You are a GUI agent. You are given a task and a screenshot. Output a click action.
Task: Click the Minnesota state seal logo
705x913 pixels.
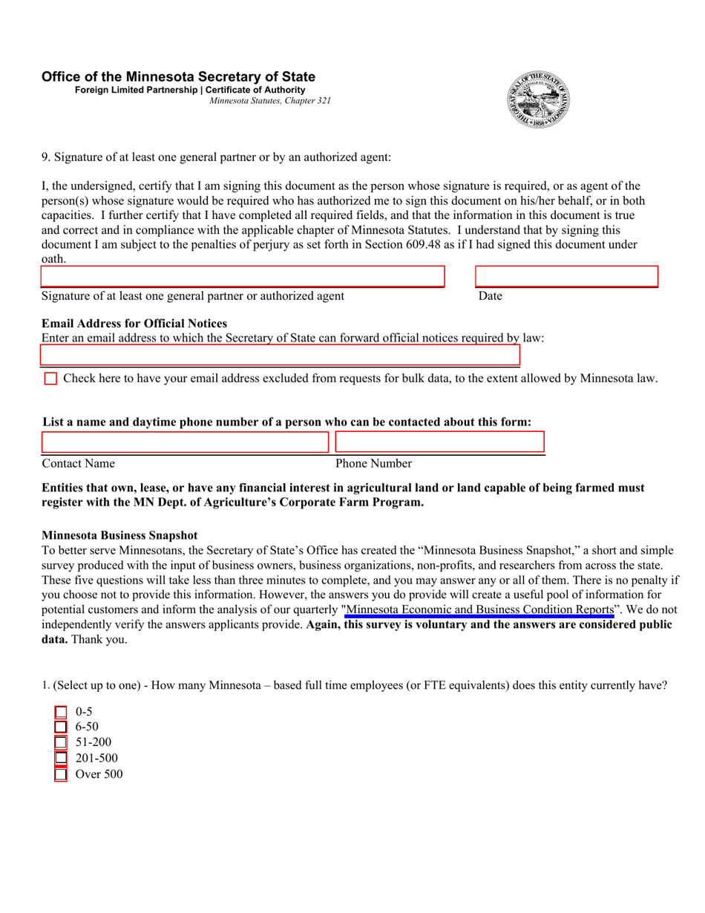(539, 99)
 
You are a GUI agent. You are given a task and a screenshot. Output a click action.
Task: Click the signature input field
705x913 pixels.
(242, 277)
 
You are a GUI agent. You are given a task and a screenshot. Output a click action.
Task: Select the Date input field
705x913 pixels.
(566, 277)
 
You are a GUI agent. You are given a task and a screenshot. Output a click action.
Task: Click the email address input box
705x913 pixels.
(281, 356)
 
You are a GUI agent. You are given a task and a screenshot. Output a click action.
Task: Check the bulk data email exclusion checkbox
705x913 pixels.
(50, 379)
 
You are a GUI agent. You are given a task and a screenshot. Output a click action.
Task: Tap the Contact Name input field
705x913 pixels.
(184, 442)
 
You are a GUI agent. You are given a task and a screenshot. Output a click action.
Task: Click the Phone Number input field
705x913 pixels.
(439, 442)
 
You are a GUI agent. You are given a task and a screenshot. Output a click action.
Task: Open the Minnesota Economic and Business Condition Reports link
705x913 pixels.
(479, 610)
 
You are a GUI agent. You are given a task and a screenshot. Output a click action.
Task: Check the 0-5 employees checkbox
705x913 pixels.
(61, 712)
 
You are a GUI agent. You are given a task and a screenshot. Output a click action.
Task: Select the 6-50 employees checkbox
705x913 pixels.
(61, 727)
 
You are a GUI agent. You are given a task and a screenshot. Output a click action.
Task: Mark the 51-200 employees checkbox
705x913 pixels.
(61, 743)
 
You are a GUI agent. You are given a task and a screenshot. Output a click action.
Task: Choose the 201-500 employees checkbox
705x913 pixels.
(61, 759)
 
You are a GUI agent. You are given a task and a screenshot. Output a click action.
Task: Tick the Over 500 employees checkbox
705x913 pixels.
(61, 775)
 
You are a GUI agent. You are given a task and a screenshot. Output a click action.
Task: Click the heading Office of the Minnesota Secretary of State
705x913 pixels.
(178, 77)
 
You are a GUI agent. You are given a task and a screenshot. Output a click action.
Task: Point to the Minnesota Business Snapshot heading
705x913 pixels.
(119, 535)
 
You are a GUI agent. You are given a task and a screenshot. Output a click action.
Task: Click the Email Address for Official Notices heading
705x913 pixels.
(134, 323)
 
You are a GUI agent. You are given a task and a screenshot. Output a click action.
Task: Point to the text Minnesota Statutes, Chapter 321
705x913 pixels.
(270, 101)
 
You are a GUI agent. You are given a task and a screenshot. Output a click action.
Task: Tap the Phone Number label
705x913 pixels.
(373, 464)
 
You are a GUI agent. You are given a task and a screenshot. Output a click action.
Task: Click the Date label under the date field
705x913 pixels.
(490, 296)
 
